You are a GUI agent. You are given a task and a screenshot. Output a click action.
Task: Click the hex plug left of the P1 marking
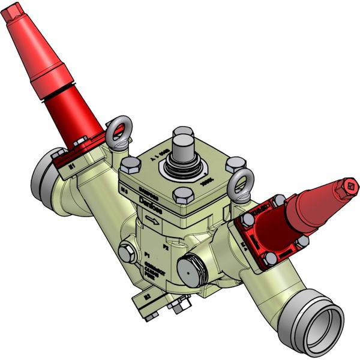(x=126, y=252)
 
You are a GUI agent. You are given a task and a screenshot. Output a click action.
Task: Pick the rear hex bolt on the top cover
(x=182, y=133)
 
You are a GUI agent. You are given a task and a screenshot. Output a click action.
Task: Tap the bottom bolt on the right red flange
(x=271, y=259)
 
